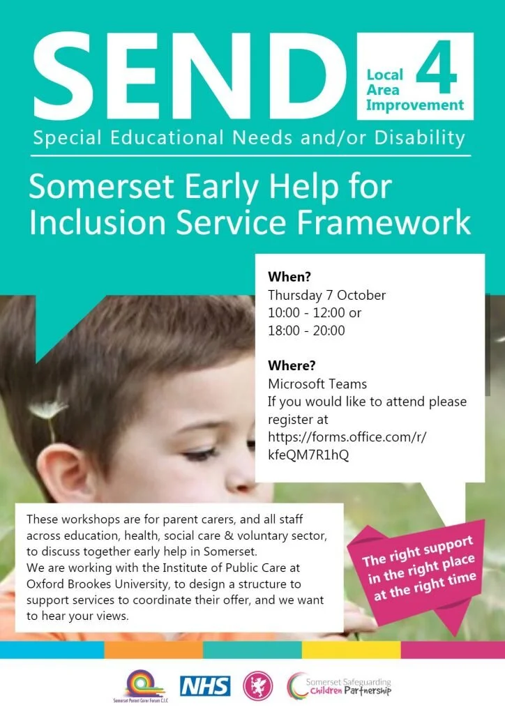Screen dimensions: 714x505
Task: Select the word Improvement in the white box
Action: tap(414, 105)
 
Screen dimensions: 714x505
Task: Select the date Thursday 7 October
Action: tap(326, 295)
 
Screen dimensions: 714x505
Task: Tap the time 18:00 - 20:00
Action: tap(306, 331)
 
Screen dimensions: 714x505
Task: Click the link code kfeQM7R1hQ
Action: tap(308, 455)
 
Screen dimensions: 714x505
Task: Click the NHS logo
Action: tap(205, 686)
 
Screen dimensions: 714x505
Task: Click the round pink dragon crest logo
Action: tap(258, 685)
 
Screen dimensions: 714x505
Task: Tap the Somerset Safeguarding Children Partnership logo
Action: tap(340, 685)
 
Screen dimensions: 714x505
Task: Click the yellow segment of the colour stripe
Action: tap(351, 650)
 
